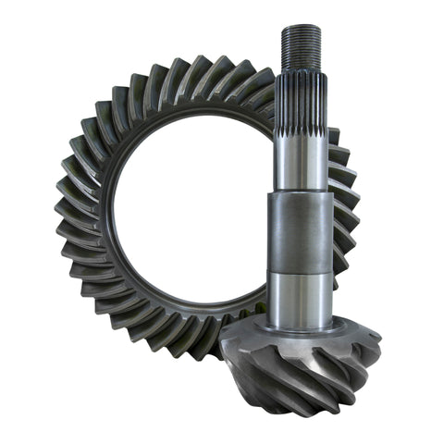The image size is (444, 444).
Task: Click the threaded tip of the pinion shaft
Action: (302, 46)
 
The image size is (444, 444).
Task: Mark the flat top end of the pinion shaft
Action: (302, 27)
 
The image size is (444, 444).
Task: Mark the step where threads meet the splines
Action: (302, 72)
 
